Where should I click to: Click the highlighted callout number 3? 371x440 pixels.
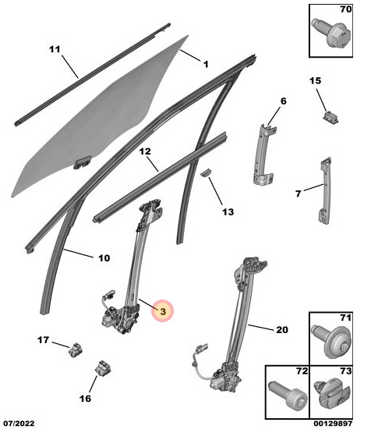pyautogui.click(x=163, y=311)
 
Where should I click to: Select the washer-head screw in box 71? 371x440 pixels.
pyautogui.click(x=332, y=341)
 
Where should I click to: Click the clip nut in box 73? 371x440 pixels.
pyautogui.click(x=332, y=394)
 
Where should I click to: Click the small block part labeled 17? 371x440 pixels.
pyautogui.click(x=76, y=350)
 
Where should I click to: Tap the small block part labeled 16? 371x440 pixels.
pyautogui.click(x=103, y=367)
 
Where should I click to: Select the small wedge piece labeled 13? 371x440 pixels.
pyautogui.click(x=206, y=172)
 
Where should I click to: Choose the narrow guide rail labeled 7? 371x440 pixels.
pyautogui.click(x=325, y=190)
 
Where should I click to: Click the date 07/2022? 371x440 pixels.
pyautogui.click(x=19, y=424)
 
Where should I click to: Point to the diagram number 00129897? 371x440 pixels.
pyautogui.click(x=333, y=424)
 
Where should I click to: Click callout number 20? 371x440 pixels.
pyautogui.click(x=282, y=330)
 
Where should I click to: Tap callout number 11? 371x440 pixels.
pyautogui.click(x=55, y=49)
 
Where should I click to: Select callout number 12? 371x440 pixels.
pyautogui.click(x=145, y=152)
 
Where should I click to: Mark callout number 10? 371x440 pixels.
pyautogui.click(x=104, y=258)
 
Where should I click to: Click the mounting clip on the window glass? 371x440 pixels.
pyautogui.click(x=83, y=162)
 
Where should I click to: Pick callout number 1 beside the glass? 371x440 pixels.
pyautogui.click(x=206, y=64)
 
